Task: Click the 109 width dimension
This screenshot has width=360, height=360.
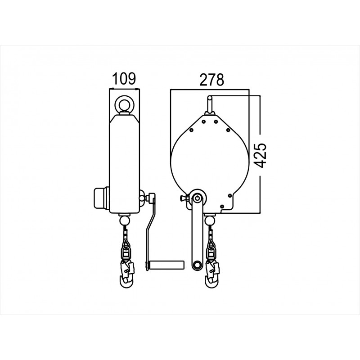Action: click(x=124, y=79)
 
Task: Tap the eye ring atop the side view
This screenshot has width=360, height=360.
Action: click(x=124, y=104)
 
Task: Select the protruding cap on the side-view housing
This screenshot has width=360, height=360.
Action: click(x=100, y=198)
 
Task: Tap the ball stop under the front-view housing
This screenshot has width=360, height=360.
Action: click(x=210, y=220)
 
